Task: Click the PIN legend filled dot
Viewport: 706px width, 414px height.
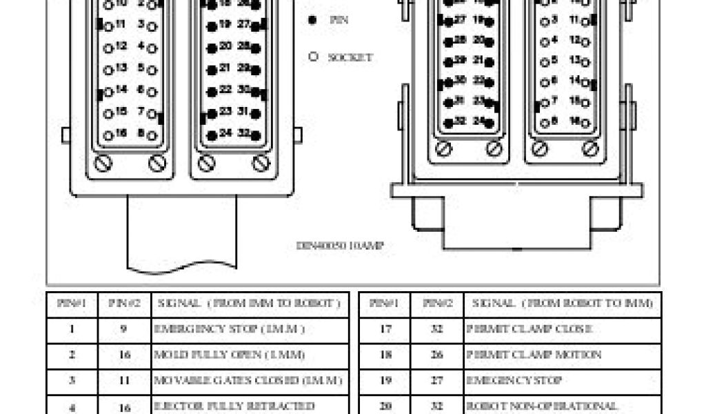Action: [312, 20]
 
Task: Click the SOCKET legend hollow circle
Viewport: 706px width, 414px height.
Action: [313, 57]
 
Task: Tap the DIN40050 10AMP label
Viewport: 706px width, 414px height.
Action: [340, 245]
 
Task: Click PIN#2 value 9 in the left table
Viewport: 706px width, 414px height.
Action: [124, 329]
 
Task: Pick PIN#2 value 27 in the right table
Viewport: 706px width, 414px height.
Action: [436, 380]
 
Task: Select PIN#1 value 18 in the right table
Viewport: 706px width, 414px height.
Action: [385, 355]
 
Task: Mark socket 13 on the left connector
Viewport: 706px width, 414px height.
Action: [108, 69]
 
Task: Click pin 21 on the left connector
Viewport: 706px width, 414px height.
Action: [212, 69]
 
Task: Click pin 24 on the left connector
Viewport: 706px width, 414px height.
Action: [212, 135]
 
